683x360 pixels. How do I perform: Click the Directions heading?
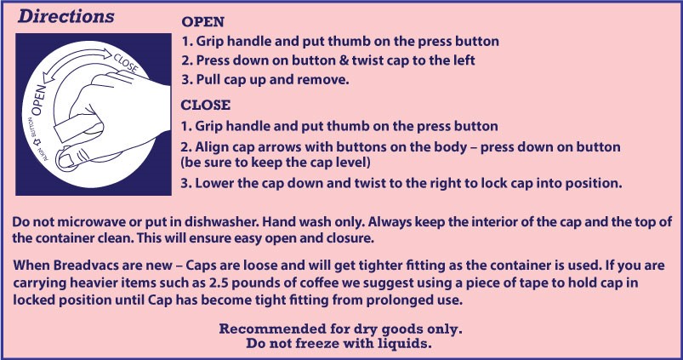pyautogui.click(x=65, y=16)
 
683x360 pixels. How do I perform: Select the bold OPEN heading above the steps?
pyautogui.click(x=202, y=21)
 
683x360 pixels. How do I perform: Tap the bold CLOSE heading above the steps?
pyautogui.click(x=206, y=105)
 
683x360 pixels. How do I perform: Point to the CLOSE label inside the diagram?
pyautogui.click(x=125, y=64)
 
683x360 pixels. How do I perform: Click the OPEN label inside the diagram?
pyautogui.click(x=39, y=100)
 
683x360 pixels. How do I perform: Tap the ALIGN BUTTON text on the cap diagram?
pyautogui.click(x=38, y=140)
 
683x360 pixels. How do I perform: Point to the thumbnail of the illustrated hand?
pyautogui.click(x=65, y=159)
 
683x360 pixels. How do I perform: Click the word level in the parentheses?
pyautogui.click(x=353, y=163)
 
